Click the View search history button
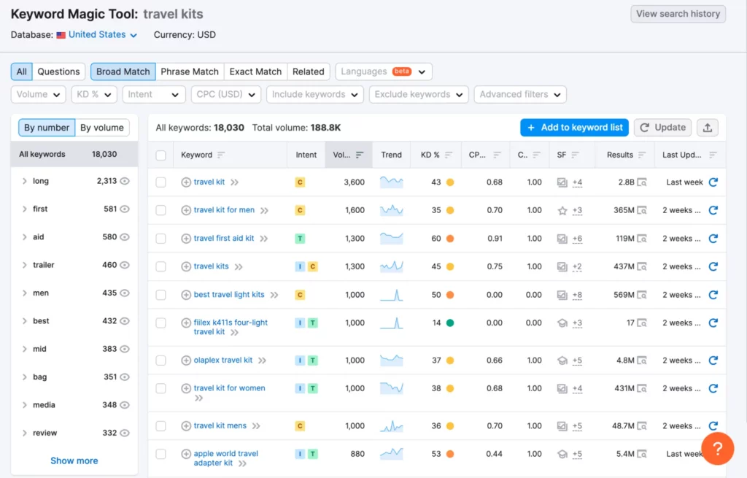(678, 14)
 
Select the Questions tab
(58, 72)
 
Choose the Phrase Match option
(190, 72)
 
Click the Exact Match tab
(255, 72)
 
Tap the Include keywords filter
(314, 94)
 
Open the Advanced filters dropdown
(520, 94)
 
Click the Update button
(662, 127)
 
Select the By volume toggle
(101, 128)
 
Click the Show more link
(74, 460)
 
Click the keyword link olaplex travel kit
(223, 360)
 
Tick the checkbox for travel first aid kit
(161, 239)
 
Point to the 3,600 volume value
(354, 182)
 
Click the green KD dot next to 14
(450, 323)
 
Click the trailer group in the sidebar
(44, 265)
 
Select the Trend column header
(391, 155)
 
